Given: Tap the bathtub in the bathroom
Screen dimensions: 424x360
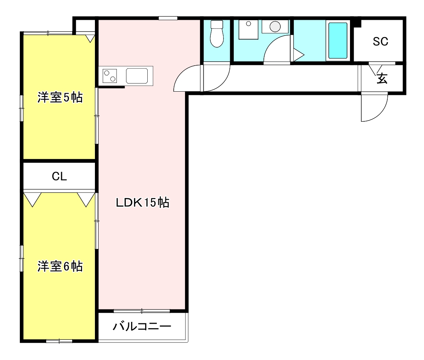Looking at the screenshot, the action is pyautogui.click(x=338, y=41).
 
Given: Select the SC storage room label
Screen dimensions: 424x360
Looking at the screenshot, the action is pyautogui.click(x=380, y=42).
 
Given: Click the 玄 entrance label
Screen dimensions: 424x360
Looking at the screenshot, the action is pyautogui.click(x=382, y=78).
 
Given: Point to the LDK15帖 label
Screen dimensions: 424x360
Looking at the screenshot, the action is pyautogui.click(x=143, y=202).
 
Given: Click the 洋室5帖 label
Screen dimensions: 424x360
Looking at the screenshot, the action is pyautogui.click(x=60, y=98).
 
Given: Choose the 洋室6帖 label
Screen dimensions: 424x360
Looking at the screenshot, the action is pyautogui.click(x=60, y=266).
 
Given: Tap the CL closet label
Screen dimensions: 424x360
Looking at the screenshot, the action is pyautogui.click(x=59, y=177).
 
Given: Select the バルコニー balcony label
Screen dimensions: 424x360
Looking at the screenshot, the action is pyautogui.click(x=142, y=326).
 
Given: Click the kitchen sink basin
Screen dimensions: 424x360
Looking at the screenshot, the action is pyautogui.click(x=138, y=76).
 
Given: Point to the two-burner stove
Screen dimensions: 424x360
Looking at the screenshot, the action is pyautogui.click(x=110, y=76).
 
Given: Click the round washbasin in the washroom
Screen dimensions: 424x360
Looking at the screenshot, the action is pyautogui.click(x=275, y=26).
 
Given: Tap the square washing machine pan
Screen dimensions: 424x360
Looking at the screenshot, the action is pyautogui.click(x=248, y=29).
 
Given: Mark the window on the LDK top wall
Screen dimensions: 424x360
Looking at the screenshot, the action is pyautogui.click(x=168, y=18).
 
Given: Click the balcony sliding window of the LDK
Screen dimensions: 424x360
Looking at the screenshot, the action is pyautogui.click(x=141, y=311).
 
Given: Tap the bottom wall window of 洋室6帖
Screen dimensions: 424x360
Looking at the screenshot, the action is pyautogui.click(x=59, y=341).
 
